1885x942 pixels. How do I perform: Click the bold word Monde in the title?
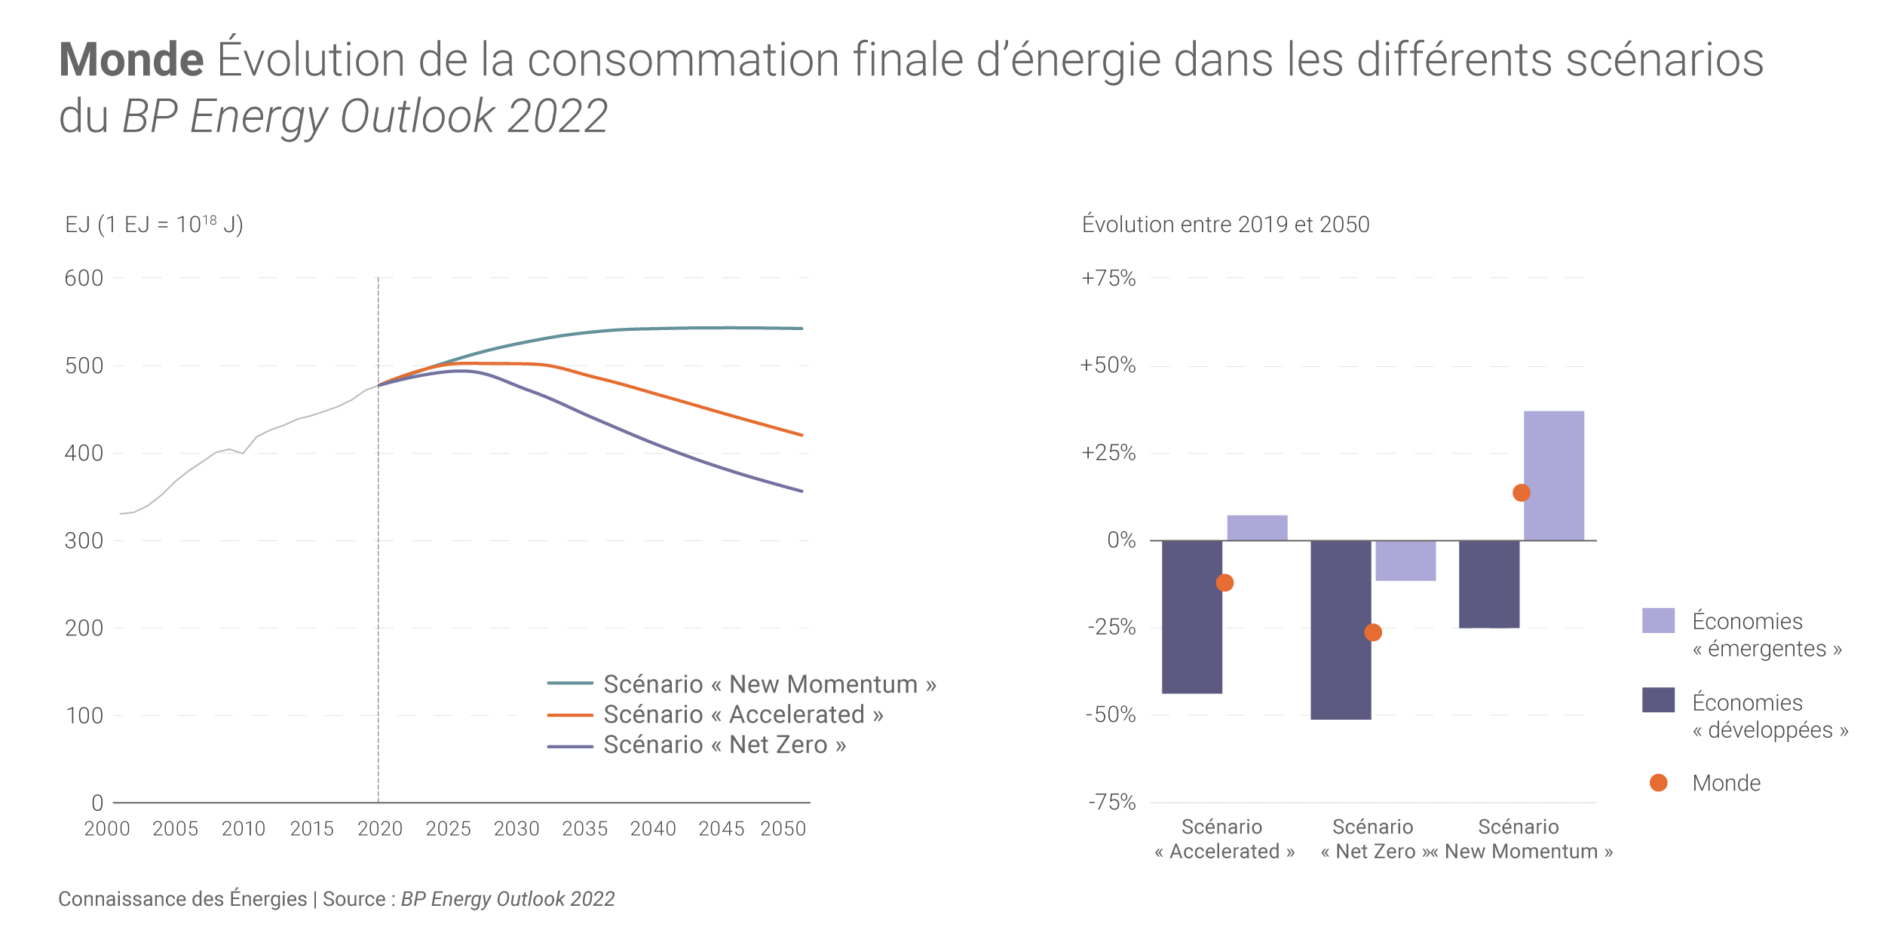[131, 60]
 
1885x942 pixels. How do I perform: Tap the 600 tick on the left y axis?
[84, 278]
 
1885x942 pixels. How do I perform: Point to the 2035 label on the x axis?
[584, 829]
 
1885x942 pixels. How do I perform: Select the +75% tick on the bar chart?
[1108, 278]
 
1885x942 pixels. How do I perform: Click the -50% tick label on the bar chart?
[1110, 714]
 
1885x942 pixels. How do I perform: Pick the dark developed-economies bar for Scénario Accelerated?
[1191, 616]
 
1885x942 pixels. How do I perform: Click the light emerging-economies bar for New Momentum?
[1553, 476]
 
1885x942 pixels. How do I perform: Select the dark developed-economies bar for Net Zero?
[1340, 630]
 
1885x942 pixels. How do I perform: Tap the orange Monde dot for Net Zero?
[1373, 632]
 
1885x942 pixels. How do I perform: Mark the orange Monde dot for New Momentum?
[1521, 493]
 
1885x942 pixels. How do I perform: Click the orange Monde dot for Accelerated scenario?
[1224, 583]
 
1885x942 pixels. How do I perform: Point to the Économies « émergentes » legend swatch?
[1658, 620]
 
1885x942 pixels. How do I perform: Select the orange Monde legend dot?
[1658, 783]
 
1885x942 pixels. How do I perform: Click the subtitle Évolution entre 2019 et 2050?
[1225, 225]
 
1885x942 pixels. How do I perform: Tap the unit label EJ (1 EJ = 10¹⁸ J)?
[154, 225]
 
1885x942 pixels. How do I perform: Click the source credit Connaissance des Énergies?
[182, 899]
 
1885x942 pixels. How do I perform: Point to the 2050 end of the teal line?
[802, 329]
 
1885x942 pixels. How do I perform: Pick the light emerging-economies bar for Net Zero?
[1405, 561]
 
